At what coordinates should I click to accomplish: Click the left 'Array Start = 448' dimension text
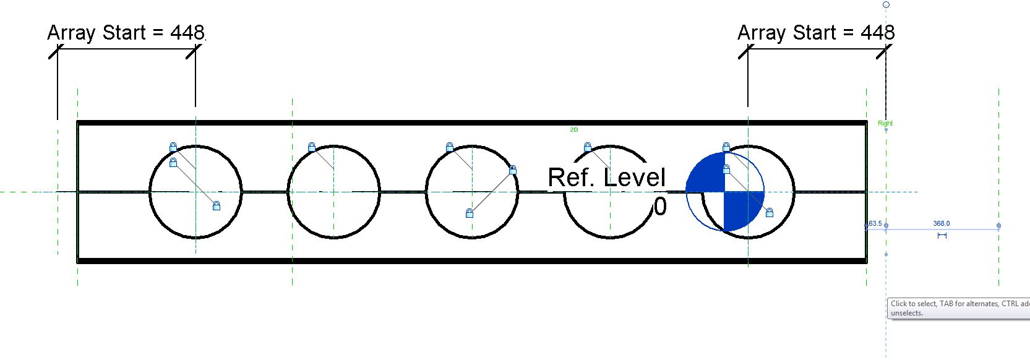pos(126,33)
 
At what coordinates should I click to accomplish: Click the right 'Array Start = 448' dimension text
pos(816,33)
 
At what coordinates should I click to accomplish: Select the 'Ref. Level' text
pos(606,178)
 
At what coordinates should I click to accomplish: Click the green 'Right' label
pos(885,123)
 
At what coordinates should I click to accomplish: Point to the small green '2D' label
pos(573,130)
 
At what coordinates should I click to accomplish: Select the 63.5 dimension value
pos(875,223)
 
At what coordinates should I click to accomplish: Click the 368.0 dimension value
pos(941,223)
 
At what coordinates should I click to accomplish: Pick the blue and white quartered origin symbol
pos(725,192)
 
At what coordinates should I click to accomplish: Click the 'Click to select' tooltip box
pos(958,308)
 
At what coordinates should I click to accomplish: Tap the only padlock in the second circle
pos(312,147)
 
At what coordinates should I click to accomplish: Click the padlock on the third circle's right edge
pos(512,170)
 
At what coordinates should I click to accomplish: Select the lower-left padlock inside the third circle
pos(470,213)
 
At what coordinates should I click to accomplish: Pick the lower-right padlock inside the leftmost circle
pos(217,206)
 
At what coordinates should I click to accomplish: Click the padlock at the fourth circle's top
pos(588,147)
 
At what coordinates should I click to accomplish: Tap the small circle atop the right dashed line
pos(886,5)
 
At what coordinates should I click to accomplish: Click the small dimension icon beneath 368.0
pos(942,236)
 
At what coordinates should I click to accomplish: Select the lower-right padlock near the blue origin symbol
pos(770,213)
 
